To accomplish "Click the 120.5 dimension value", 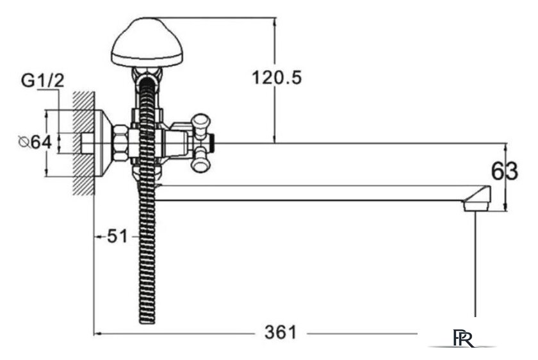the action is click(x=277, y=78).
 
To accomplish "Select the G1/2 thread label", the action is click(x=42, y=81).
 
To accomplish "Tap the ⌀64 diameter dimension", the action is click(x=35, y=142).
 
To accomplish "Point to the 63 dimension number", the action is click(x=505, y=171).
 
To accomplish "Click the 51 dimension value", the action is click(x=117, y=236).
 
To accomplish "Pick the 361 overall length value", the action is click(x=281, y=332).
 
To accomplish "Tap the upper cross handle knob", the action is click(x=201, y=123).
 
